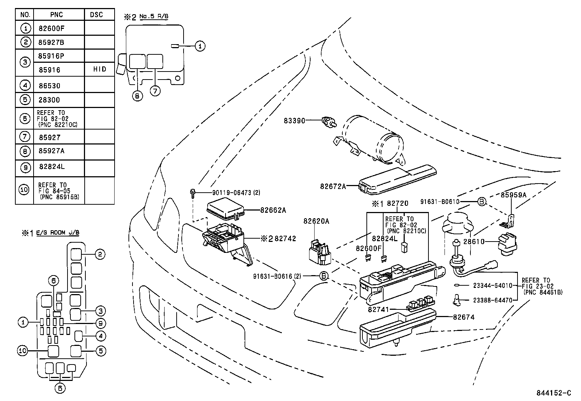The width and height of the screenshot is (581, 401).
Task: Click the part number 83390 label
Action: (x=294, y=120)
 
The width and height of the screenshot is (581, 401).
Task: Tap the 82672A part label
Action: (x=333, y=186)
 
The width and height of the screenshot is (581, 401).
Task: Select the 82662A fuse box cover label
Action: (x=273, y=210)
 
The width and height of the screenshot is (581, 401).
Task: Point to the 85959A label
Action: (x=513, y=195)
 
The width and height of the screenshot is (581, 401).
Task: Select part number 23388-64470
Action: (x=493, y=300)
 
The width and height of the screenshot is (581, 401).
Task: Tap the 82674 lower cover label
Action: (x=464, y=317)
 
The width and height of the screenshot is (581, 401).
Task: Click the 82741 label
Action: (x=378, y=309)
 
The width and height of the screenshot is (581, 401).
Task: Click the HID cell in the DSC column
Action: (x=99, y=69)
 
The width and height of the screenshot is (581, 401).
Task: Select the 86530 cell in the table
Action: (x=49, y=86)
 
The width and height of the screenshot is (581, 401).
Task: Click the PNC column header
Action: (x=57, y=15)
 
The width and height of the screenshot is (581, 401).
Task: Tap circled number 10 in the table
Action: (x=24, y=190)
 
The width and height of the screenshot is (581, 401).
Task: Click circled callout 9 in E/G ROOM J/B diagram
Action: (x=100, y=323)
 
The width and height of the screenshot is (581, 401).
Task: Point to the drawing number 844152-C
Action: (x=553, y=393)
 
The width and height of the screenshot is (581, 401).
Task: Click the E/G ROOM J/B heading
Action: (x=58, y=233)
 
